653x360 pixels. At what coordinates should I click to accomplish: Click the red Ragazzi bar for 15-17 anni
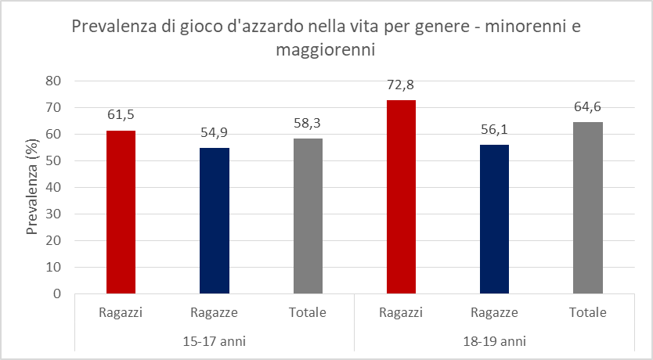point(121,212)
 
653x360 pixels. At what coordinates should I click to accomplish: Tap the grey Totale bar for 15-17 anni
point(307,216)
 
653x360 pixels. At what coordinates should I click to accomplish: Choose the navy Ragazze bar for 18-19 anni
point(494,219)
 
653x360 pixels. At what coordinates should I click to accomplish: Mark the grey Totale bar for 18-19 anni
point(588,208)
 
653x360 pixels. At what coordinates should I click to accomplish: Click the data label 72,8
point(401,85)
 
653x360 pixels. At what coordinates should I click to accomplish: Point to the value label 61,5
point(121,115)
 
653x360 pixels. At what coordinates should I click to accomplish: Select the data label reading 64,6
point(588,106)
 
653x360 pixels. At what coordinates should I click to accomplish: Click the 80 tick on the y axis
point(53,81)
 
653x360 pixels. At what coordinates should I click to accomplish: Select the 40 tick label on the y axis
point(53,187)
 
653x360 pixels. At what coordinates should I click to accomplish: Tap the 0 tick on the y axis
point(57,294)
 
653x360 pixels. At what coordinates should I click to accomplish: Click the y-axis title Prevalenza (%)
point(32,187)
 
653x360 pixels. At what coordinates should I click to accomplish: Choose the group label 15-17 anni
point(214,342)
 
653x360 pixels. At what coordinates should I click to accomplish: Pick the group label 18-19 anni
point(494,342)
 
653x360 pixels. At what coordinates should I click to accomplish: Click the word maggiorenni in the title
point(326,51)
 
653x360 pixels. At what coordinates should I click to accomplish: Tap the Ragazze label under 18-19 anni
point(494,313)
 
